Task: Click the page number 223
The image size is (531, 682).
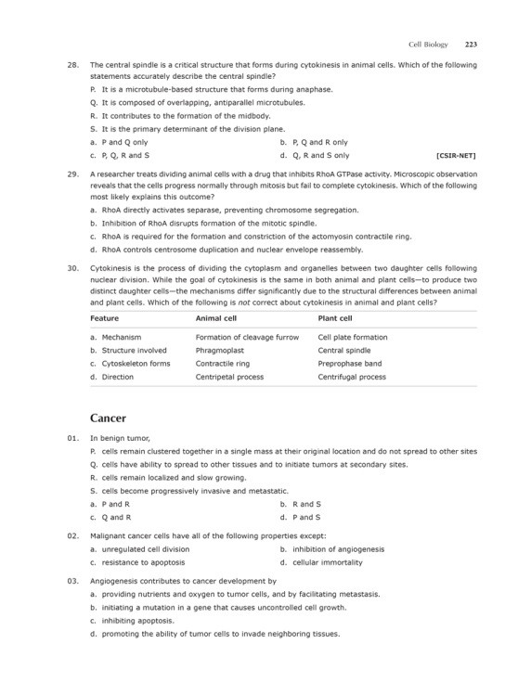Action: (x=471, y=44)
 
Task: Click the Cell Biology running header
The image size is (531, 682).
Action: (x=428, y=44)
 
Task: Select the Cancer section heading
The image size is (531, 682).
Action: (x=109, y=418)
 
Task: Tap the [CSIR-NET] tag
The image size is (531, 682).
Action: (x=456, y=156)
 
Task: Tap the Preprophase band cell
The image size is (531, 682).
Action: (x=349, y=364)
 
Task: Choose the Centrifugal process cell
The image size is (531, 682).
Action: (x=352, y=378)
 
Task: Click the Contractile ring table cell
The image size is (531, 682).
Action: (x=223, y=364)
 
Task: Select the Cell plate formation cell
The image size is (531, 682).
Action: (x=353, y=337)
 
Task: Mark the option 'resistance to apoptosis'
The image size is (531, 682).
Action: (x=143, y=562)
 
